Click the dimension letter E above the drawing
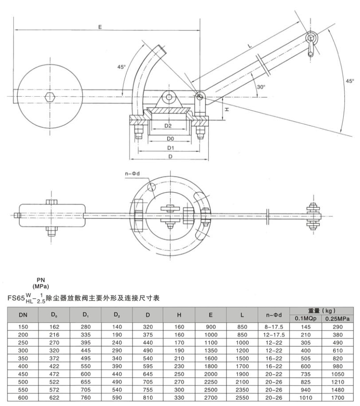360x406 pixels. (x=100, y=27)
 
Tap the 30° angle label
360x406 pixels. (x=261, y=87)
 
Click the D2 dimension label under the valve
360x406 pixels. (x=168, y=126)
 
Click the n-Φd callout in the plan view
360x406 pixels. (x=133, y=173)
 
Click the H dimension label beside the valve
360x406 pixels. (x=226, y=108)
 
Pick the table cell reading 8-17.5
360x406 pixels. (x=275, y=327)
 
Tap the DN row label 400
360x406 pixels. (x=23, y=366)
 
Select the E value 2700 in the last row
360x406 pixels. (x=211, y=398)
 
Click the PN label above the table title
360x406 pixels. (x=41, y=280)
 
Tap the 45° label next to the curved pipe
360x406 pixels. (x=121, y=67)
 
